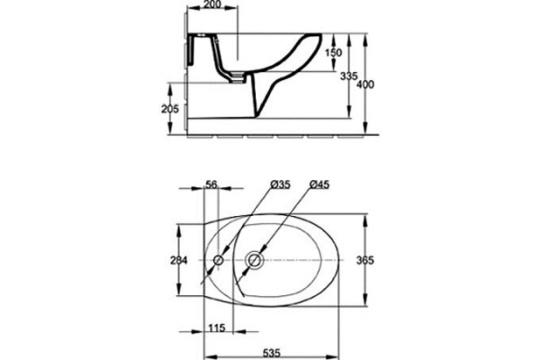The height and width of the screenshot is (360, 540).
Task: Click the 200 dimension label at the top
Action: pos(212,4)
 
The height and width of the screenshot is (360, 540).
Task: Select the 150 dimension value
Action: pos(334,53)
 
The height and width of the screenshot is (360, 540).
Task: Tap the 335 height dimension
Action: pos(348,76)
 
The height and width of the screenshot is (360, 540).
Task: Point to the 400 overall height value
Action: pos(365,84)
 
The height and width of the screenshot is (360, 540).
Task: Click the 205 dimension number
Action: pos(170,109)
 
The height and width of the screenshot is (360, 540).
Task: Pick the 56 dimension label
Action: pos(211,184)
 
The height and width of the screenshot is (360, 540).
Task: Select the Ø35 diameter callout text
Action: pos(280,184)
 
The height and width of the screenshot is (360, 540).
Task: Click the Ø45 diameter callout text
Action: pos(319,184)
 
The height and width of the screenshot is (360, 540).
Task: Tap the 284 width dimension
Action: pos(179,260)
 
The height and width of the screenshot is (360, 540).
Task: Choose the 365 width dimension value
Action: pos(364,260)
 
